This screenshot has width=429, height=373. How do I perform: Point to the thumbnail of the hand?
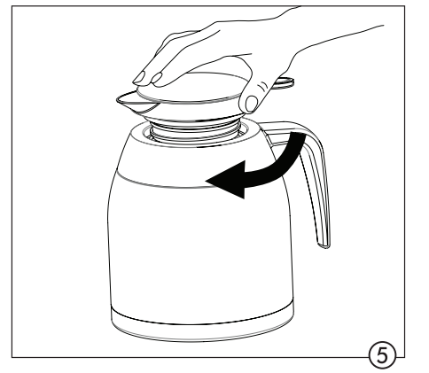point(252,104)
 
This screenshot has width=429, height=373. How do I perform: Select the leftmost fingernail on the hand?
point(139,77)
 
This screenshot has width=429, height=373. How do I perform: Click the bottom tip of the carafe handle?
point(324,245)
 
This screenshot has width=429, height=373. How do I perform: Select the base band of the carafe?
point(203,323)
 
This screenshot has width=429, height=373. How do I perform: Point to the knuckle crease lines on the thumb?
point(263,87)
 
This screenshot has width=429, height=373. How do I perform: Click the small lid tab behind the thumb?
point(285,82)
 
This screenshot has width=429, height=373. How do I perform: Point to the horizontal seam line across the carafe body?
point(166,183)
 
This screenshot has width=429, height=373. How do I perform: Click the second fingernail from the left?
point(157,78)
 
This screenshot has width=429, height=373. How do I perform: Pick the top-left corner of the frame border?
point(12,6)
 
